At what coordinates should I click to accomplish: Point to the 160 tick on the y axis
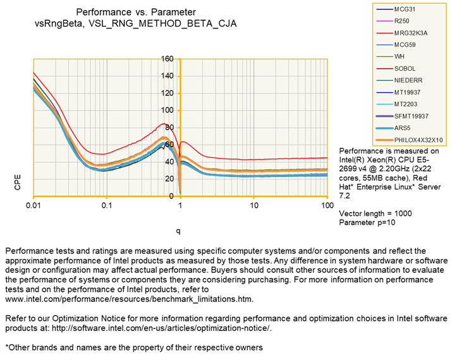pyautogui.click(x=168, y=59)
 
